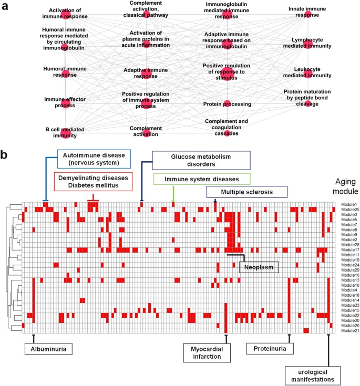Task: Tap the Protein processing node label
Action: point(227,104)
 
